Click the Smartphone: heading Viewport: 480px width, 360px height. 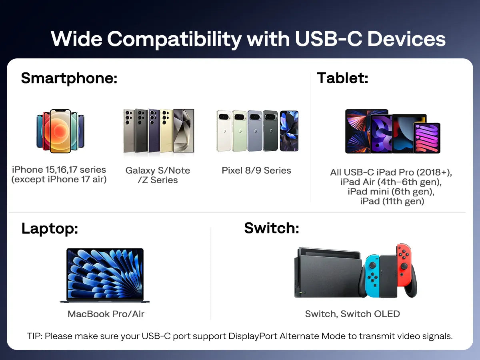69,78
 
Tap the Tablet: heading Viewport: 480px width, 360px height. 342,78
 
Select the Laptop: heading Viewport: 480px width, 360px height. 50,228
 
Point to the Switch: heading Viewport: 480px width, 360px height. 272,228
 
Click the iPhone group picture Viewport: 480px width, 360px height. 60,131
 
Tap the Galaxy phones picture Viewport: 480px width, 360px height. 158,131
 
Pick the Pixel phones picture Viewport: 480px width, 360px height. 257,131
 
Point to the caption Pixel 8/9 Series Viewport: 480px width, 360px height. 256,170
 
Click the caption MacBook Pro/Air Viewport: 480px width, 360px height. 106,314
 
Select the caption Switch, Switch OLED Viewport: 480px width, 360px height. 352,314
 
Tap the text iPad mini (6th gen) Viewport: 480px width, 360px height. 391,192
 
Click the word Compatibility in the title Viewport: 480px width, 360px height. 174,39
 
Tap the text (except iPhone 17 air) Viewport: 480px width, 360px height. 59,179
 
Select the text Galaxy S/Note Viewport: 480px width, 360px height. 158,170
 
